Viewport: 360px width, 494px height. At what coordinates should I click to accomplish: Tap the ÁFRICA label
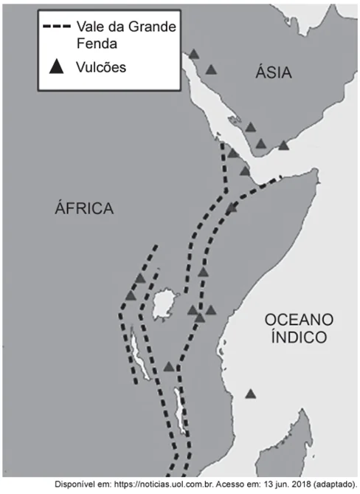[x=84, y=207]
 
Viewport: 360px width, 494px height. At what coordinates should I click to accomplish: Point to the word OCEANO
[x=299, y=320]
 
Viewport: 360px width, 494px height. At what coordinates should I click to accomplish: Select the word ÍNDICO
[x=299, y=337]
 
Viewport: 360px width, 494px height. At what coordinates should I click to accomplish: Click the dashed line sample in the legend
[x=57, y=27]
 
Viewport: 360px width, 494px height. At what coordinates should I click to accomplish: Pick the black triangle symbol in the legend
[x=57, y=66]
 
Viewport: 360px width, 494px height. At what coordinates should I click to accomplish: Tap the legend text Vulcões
[x=101, y=67]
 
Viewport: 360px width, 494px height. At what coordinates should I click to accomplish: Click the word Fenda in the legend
[x=97, y=44]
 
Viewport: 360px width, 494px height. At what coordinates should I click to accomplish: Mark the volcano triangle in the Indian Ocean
[x=251, y=394]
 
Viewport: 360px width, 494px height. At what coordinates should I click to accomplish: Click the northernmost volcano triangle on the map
[x=194, y=54]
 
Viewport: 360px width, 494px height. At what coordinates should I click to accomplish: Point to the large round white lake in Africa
[x=165, y=304]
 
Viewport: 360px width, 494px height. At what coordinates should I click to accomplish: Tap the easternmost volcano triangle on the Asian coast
[x=283, y=145]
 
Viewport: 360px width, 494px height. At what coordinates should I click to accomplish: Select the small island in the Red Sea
[x=235, y=120]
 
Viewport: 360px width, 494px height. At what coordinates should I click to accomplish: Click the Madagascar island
[x=285, y=447]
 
